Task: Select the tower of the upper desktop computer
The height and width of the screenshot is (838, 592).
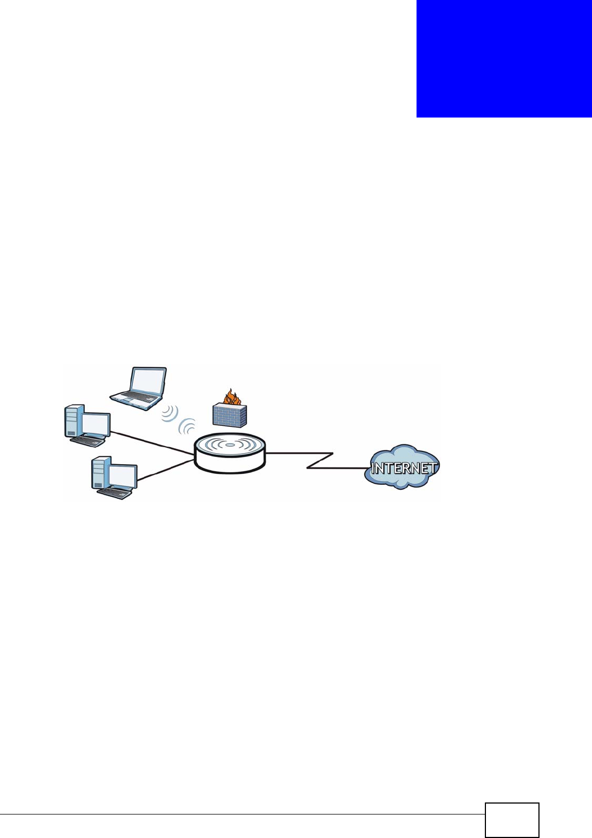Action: [x=74, y=420]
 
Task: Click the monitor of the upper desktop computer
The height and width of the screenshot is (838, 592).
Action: [x=95, y=424]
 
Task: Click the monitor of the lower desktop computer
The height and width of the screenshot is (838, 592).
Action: [x=122, y=475]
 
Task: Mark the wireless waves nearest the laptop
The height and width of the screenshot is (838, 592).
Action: [x=171, y=413]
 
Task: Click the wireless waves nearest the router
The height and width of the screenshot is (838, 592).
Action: [x=188, y=425]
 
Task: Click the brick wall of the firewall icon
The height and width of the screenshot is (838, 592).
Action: [x=230, y=415]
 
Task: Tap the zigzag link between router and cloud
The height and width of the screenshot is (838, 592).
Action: [x=320, y=460]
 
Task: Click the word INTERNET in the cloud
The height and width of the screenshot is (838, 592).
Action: [x=403, y=468]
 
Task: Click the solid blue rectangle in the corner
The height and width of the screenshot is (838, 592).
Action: [x=504, y=58]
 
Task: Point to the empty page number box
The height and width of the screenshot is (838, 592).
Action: [x=512, y=820]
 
